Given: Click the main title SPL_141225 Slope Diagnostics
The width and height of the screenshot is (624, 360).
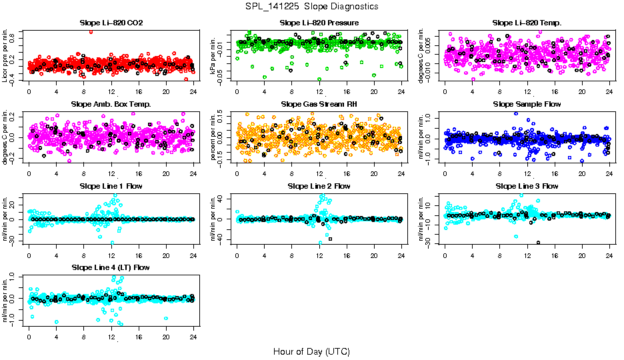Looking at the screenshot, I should point(311,7).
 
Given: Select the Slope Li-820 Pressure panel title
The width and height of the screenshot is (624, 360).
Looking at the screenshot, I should point(319,23).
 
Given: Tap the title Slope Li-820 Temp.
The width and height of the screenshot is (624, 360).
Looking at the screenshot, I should point(527,23).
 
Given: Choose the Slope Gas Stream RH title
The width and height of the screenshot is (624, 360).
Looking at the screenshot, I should point(319,105).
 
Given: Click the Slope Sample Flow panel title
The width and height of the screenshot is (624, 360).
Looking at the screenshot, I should point(527,105).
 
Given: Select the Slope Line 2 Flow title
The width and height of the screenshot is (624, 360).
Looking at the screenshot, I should point(319,186).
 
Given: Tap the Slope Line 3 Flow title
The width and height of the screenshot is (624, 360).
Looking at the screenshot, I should point(527,186).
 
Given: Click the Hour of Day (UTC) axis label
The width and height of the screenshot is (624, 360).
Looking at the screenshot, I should point(311,351).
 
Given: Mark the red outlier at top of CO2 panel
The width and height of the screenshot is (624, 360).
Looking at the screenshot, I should point(91,31).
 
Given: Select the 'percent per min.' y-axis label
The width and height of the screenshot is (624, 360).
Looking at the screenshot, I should point(214,137).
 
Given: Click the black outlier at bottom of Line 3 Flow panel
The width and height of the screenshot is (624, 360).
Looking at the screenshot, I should point(538,242).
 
